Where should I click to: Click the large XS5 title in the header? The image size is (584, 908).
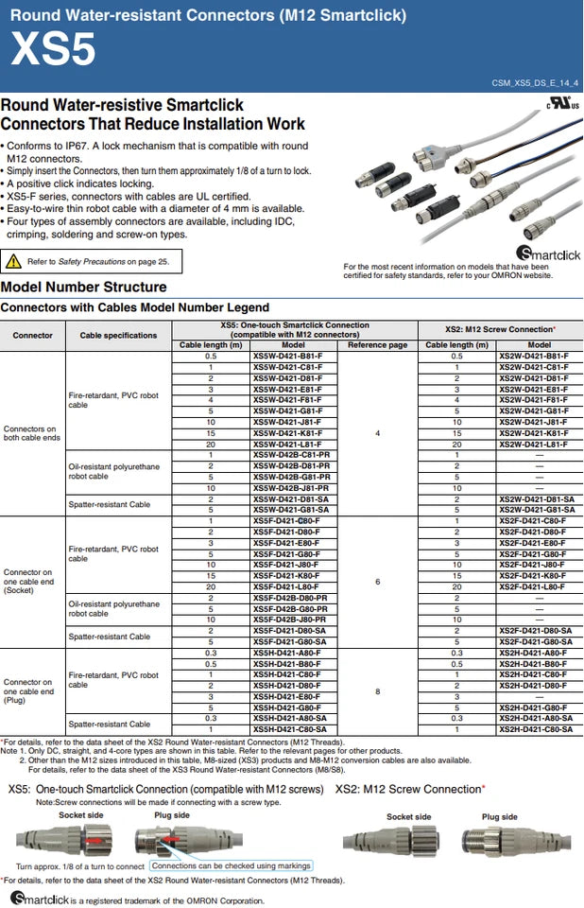click(x=53, y=50)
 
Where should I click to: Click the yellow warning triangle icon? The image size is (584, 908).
click(x=13, y=261)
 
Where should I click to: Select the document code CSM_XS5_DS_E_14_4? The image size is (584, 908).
click(x=534, y=84)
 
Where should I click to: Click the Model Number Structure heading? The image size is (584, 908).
click(x=84, y=287)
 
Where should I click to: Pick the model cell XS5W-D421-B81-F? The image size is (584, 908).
click(x=288, y=356)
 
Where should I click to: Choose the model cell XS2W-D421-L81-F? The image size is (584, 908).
click(x=533, y=444)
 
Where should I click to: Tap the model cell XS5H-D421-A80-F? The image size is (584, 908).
click(x=288, y=653)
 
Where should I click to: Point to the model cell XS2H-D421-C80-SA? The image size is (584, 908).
click(x=535, y=729)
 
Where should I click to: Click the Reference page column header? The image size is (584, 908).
click(x=377, y=345)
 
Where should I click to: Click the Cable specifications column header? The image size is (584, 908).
click(x=118, y=335)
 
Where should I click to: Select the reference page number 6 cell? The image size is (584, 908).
click(x=377, y=582)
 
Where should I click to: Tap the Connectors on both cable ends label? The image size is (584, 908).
click(x=32, y=433)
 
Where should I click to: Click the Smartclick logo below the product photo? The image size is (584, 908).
click(x=548, y=253)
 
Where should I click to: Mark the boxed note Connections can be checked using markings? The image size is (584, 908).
click(x=231, y=865)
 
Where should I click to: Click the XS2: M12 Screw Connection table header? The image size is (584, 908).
click(x=500, y=329)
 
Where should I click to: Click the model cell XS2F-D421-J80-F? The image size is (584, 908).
click(x=533, y=565)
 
